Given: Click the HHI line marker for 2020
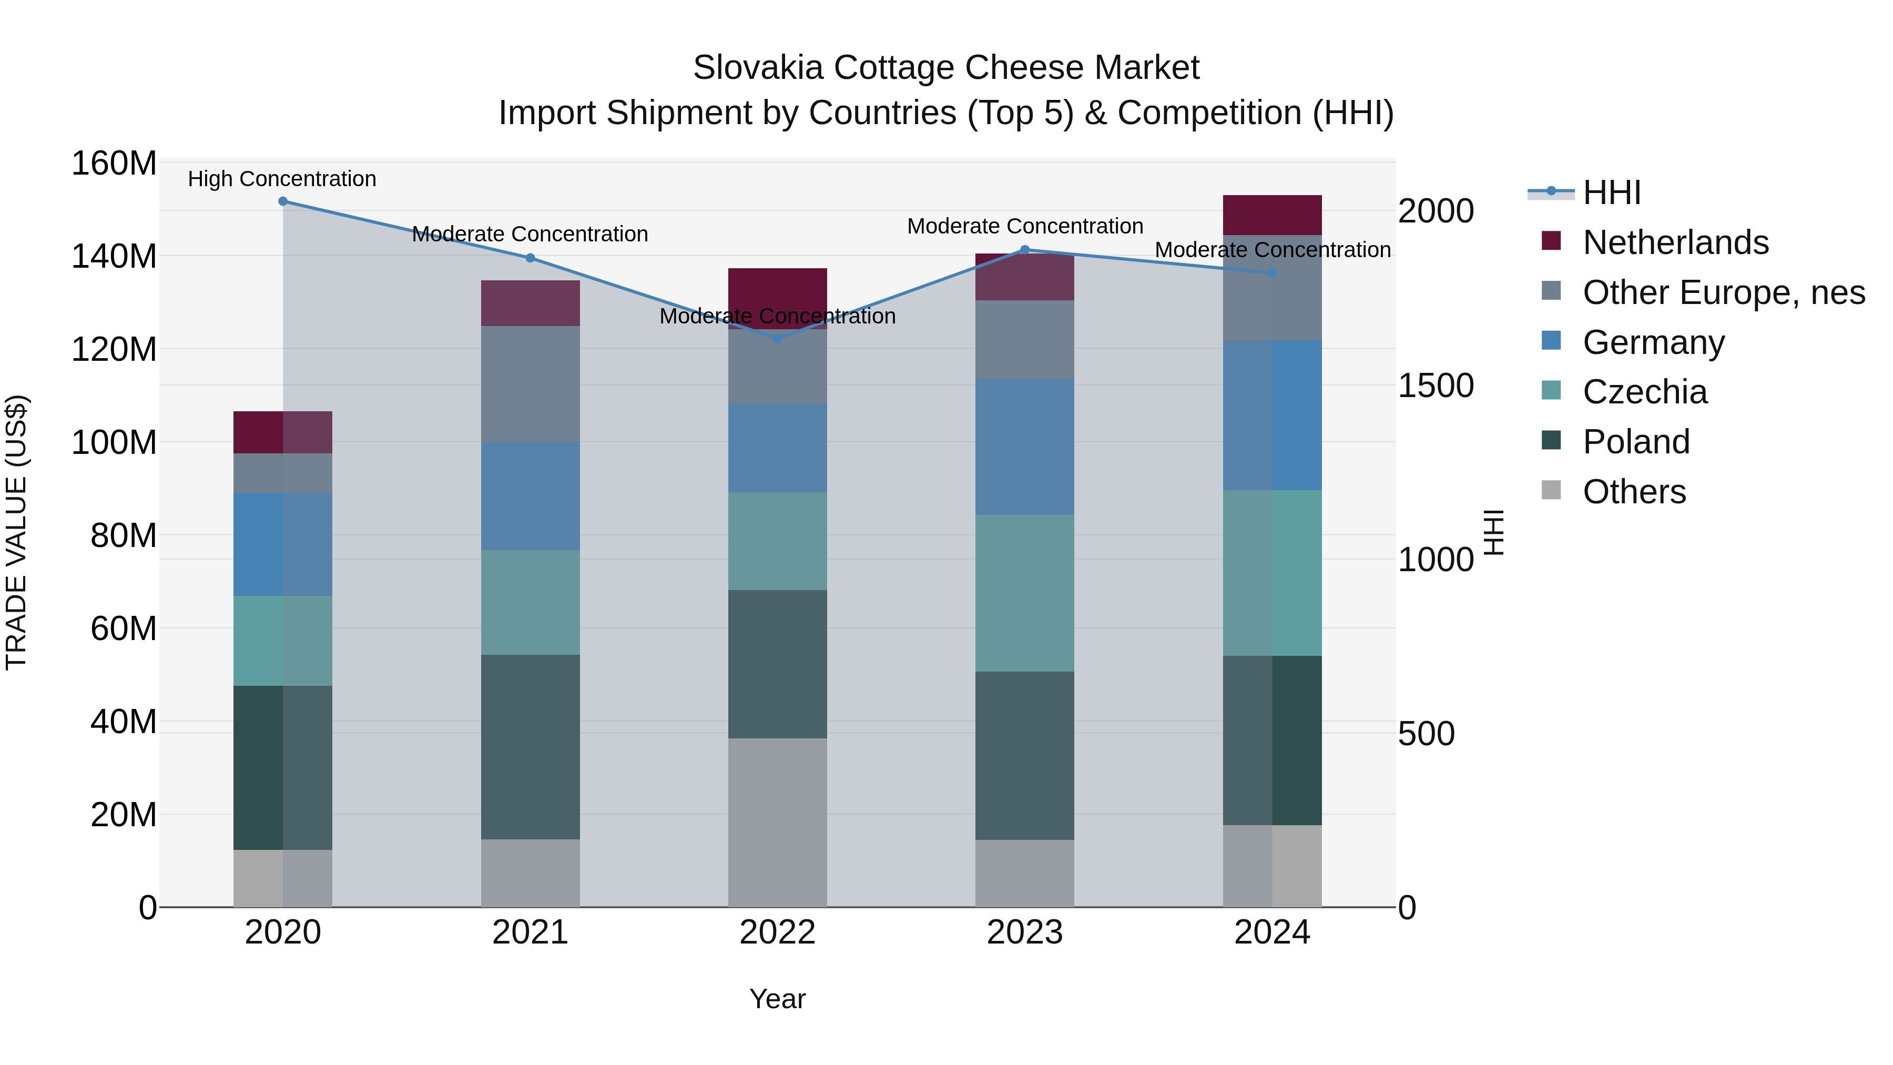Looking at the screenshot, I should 283,201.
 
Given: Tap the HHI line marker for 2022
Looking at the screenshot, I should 778,339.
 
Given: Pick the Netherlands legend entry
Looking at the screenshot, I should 1675,242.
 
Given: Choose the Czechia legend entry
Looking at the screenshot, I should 1645,392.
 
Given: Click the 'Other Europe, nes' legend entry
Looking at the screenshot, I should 1723,292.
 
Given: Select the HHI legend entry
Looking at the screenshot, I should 1612,192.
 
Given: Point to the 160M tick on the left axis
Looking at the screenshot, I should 114,163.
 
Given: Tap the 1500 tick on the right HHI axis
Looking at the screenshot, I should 1435,386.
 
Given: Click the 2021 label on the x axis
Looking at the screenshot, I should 530,932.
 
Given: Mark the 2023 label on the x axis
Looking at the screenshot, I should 1024,932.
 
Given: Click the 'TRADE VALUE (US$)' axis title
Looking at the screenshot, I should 16,532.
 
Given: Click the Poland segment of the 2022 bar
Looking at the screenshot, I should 778,664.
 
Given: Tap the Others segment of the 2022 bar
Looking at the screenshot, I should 778,823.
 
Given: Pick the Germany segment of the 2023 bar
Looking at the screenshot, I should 1024,447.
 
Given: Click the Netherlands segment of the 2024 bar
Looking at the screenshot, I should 1272,215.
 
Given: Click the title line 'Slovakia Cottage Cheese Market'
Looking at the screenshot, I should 946,68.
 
